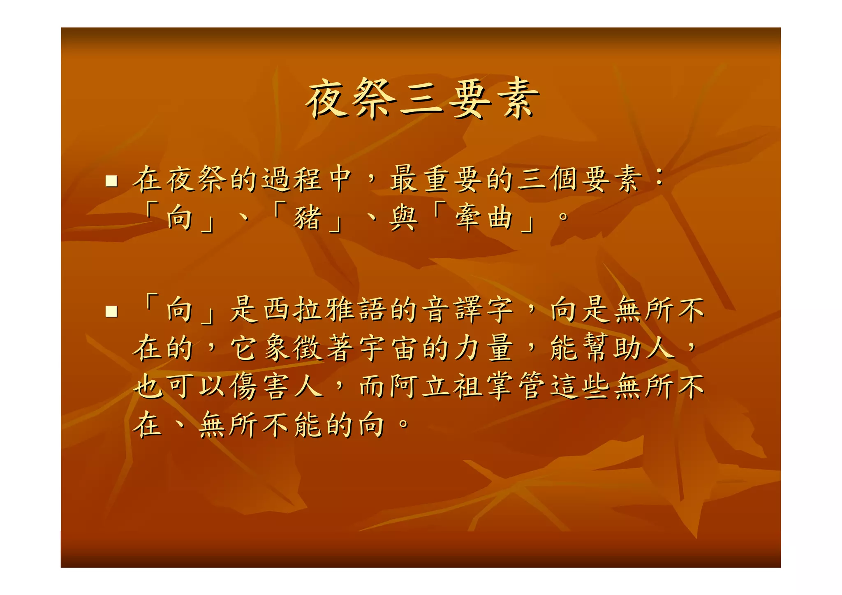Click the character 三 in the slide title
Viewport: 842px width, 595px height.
tap(421, 100)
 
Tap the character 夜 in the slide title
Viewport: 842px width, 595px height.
tap(327, 100)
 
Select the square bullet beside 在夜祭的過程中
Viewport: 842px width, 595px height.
tap(111, 181)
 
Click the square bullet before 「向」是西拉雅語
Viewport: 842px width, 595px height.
tap(111, 311)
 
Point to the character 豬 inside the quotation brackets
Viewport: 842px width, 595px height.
tap(307, 218)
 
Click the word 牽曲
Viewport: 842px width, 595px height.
tap(484, 218)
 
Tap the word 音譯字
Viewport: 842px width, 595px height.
tap(469, 310)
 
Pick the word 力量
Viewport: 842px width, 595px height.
tap(484, 348)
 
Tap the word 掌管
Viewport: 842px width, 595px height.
tap(516, 387)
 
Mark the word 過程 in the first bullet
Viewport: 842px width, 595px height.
tap(292, 180)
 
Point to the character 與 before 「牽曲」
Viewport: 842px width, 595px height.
tap(403, 218)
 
